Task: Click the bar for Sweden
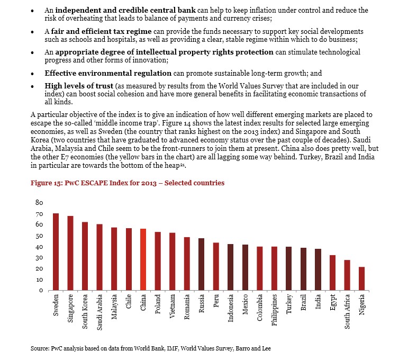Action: pyautogui.click(x=56, y=251)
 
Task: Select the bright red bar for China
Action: pyautogui.click(x=143, y=259)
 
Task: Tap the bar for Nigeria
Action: pyautogui.click(x=361, y=278)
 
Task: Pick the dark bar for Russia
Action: pyautogui.click(x=202, y=264)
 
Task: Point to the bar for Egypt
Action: pyautogui.click(x=332, y=273)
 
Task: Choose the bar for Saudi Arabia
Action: pyautogui.click(x=99, y=257)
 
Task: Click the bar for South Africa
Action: pyautogui.click(x=347, y=275)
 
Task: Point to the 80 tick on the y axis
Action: pyautogui.click(x=39, y=203)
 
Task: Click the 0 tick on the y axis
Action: pyautogui.click(x=41, y=290)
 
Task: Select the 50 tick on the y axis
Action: pyautogui.click(x=39, y=236)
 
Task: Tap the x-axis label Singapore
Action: pyautogui.click(x=70, y=309)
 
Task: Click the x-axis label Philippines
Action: pyautogui.click(x=274, y=310)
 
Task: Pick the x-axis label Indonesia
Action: pyautogui.click(x=231, y=308)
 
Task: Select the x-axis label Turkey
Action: pyautogui.click(x=289, y=304)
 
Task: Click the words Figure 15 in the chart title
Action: pyautogui.click(x=46, y=183)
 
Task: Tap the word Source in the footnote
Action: pyautogui.click(x=40, y=348)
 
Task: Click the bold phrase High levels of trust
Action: pyautogui.click(x=79, y=86)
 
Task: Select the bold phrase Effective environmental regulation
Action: pyautogui.click(x=108, y=73)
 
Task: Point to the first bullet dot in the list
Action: pyautogui.click(x=32, y=11)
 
